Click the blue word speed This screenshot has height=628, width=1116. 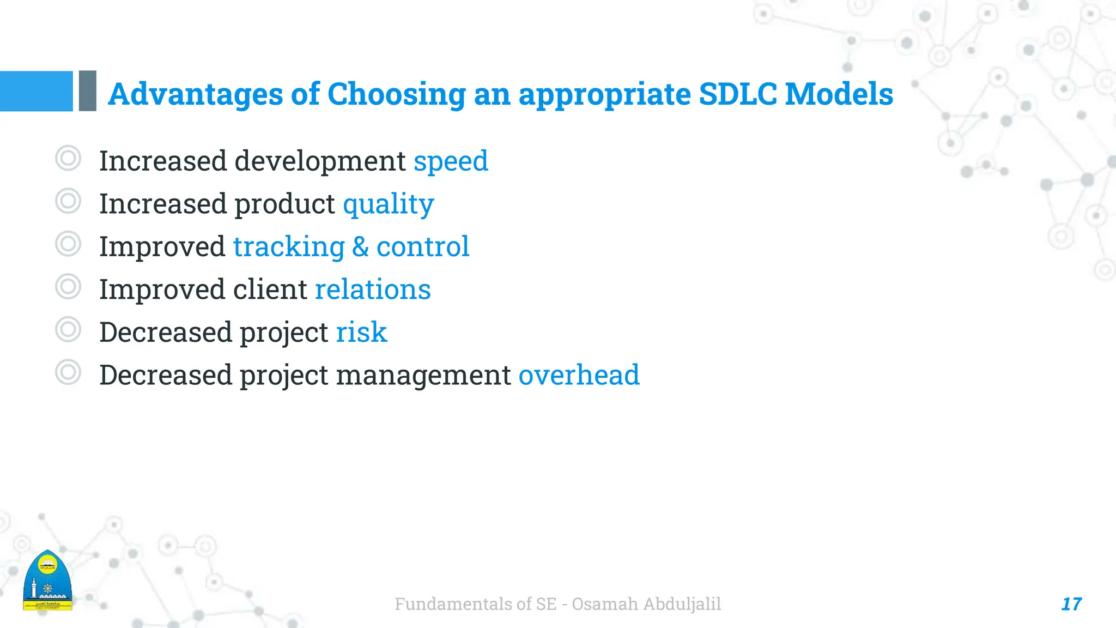[x=451, y=162]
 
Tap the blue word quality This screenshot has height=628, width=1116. [x=388, y=205]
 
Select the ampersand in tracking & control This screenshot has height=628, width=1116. [x=360, y=247]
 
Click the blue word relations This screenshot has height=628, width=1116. [x=373, y=289]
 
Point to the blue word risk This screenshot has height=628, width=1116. [x=361, y=333]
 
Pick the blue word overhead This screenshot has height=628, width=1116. [x=579, y=375]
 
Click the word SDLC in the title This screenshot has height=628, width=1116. [x=737, y=94]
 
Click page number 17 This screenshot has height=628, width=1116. [x=1071, y=604]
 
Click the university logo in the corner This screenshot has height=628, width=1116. [x=47, y=581]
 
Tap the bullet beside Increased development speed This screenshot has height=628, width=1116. [x=68, y=159]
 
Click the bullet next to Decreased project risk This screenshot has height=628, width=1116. [x=68, y=329]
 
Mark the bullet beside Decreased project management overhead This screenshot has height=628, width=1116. [x=68, y=372]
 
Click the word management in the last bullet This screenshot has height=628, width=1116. [x=423, y=375]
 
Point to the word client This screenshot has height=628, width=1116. [x=270, y=289]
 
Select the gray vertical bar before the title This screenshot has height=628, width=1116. [x=88, y=91]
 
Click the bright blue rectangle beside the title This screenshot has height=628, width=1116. [x=36, y=91]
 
